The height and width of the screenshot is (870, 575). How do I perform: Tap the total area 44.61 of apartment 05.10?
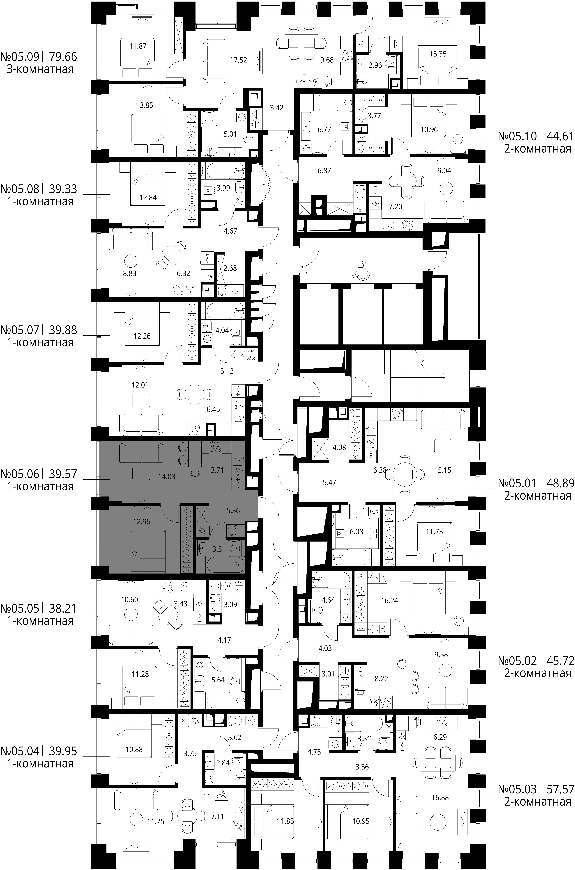pyautogui.click(x=560, y=136)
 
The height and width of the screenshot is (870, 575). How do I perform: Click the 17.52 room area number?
pyautogui.click(x=238, y=60)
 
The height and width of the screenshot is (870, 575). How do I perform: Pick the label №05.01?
pyautogui.click(x=517, y=483)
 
